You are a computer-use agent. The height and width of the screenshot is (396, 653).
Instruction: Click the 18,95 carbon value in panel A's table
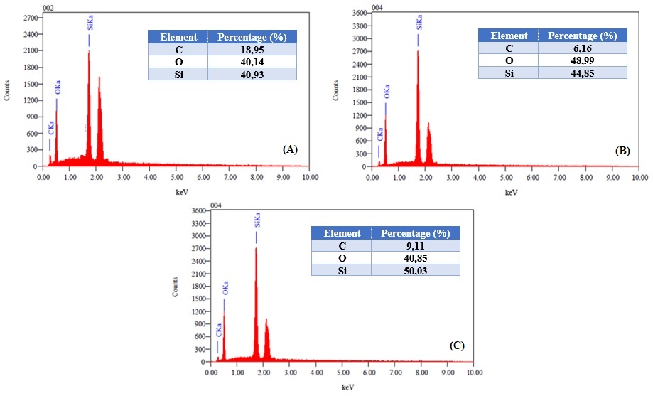click(x=252, y=50)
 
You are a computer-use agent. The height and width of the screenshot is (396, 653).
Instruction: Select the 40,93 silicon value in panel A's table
click(x=252, y=74)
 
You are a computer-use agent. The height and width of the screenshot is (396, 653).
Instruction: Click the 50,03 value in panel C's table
click(x=416, y=269)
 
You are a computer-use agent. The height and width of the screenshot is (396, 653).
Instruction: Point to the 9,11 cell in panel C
click(x=416, y=245)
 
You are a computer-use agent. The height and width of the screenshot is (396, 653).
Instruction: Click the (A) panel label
click(x=289, y=149)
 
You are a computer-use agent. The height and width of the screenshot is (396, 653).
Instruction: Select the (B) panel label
click(x=623, y=151)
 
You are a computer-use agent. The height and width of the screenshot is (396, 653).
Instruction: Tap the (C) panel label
click(x=457, y=346)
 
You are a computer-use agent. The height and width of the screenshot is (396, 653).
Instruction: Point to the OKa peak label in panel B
click(x=387, y=92)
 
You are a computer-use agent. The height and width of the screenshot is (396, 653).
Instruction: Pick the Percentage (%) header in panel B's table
click(x=583, y=36)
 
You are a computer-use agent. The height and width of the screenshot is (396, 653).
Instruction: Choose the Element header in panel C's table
click(x=342, y=233)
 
